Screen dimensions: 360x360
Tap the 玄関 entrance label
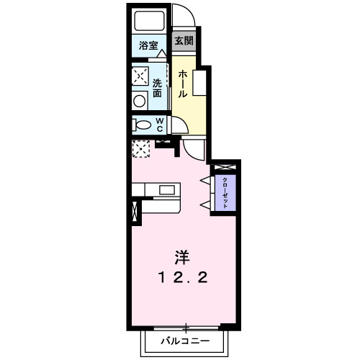pos(185,41)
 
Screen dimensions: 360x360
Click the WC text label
pos(159,125)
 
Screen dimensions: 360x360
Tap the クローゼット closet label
pos(225,192)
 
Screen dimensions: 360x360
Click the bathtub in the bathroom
pos(149,22)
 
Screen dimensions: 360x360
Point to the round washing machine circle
pos(138,100)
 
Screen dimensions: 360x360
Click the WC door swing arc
pos(179,124)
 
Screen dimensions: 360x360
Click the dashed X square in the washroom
pos(140,76)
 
